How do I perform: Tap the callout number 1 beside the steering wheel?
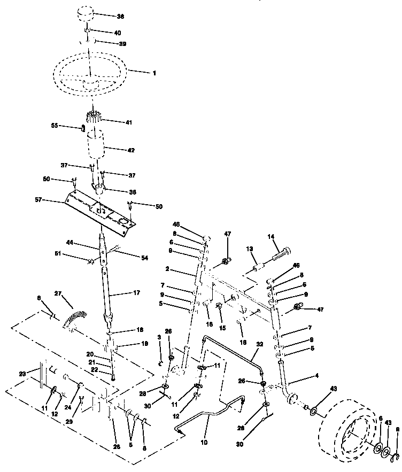point(154,72)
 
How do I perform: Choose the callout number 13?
point(249,249)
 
